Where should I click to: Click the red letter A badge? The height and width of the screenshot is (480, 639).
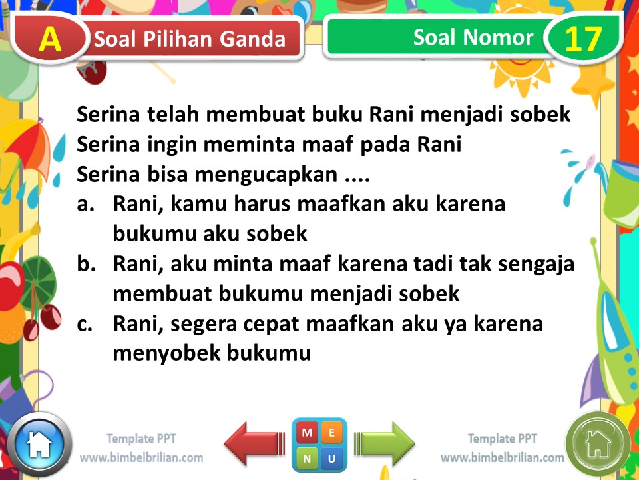pos(50,39)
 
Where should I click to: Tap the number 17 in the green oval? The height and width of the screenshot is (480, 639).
pos(583,39)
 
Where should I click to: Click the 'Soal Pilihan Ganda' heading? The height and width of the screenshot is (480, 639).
pos(190,39)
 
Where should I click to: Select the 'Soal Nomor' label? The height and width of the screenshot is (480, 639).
pos(473,37)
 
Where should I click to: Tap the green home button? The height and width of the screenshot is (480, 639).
pos(597,443)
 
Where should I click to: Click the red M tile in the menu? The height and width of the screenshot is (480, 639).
pos(307,433)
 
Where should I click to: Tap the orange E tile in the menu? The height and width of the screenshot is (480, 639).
pos(332,433)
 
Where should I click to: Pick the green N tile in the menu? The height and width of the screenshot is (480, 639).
pos(307,458)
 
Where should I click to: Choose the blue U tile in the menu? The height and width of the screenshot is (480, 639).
pos(332,458)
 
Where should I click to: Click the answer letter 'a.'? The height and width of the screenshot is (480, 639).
pos(88,204)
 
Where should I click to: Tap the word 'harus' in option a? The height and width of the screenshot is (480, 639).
pos(258,204)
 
